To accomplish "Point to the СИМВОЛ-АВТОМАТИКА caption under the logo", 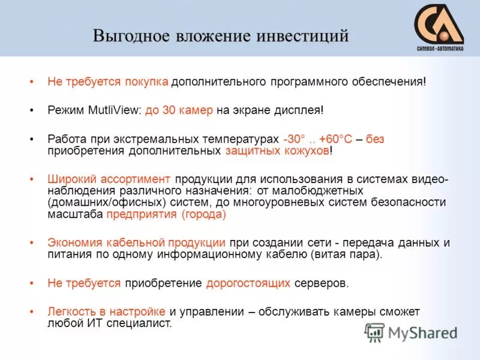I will tap(440, 50).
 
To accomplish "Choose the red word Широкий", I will tap(70, 179).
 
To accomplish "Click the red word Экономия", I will tap(73, 243).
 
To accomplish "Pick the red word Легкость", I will tap(70, 311).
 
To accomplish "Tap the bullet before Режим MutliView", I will tap(31, 110).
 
